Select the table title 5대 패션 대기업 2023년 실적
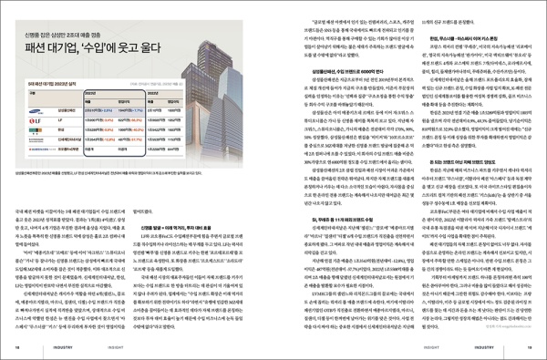tap(55, 79)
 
